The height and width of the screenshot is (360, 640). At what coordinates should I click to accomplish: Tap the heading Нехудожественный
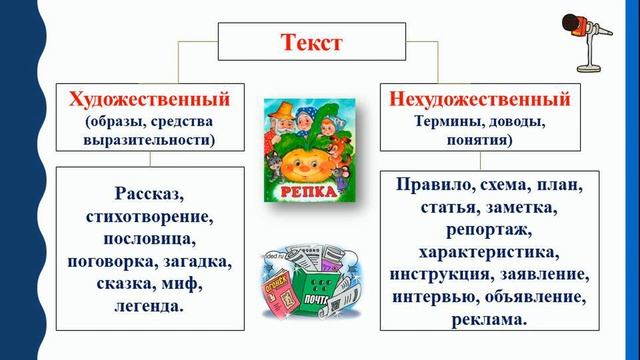[477, 99]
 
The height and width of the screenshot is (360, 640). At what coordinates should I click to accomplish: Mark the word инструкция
[435, 275]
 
